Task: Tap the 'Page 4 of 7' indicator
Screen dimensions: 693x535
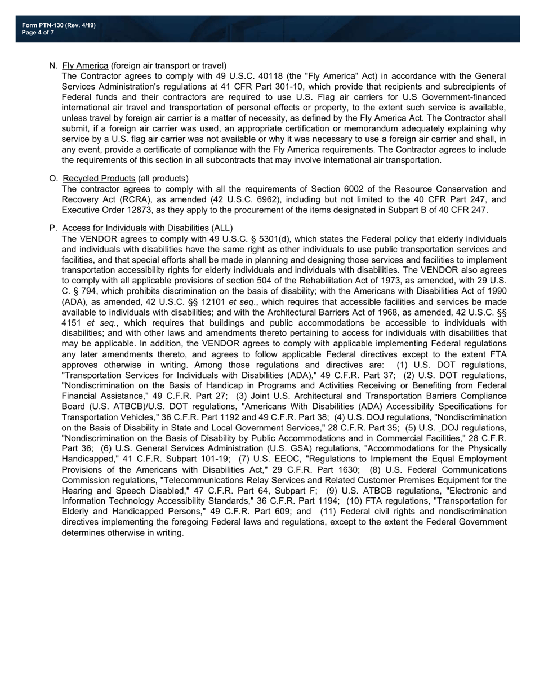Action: coord(38,33)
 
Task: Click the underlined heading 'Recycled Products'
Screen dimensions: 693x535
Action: coord(99,179)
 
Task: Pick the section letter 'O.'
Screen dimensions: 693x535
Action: coord(54,179)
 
